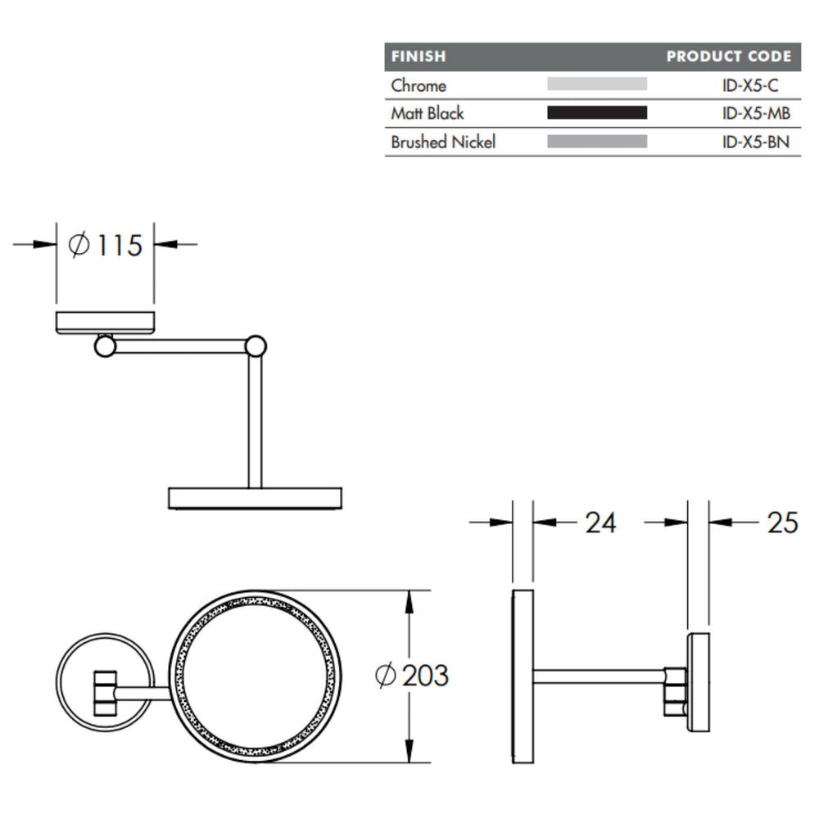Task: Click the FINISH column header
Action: click(x=419, y=57)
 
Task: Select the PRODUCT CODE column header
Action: click(x=729, y=57)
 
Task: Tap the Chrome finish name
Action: click(x=419, y=85)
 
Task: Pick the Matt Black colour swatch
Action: click(x=597, y=113)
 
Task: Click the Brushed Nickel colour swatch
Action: click(x=597, y=142)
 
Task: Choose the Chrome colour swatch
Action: click(x=597, y=84)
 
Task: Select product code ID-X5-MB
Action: click(x=756, y=113)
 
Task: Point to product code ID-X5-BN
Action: click(x=755, y=142)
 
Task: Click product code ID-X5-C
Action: click(x=750, y=85)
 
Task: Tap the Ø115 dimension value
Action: click(x=105, y=245)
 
